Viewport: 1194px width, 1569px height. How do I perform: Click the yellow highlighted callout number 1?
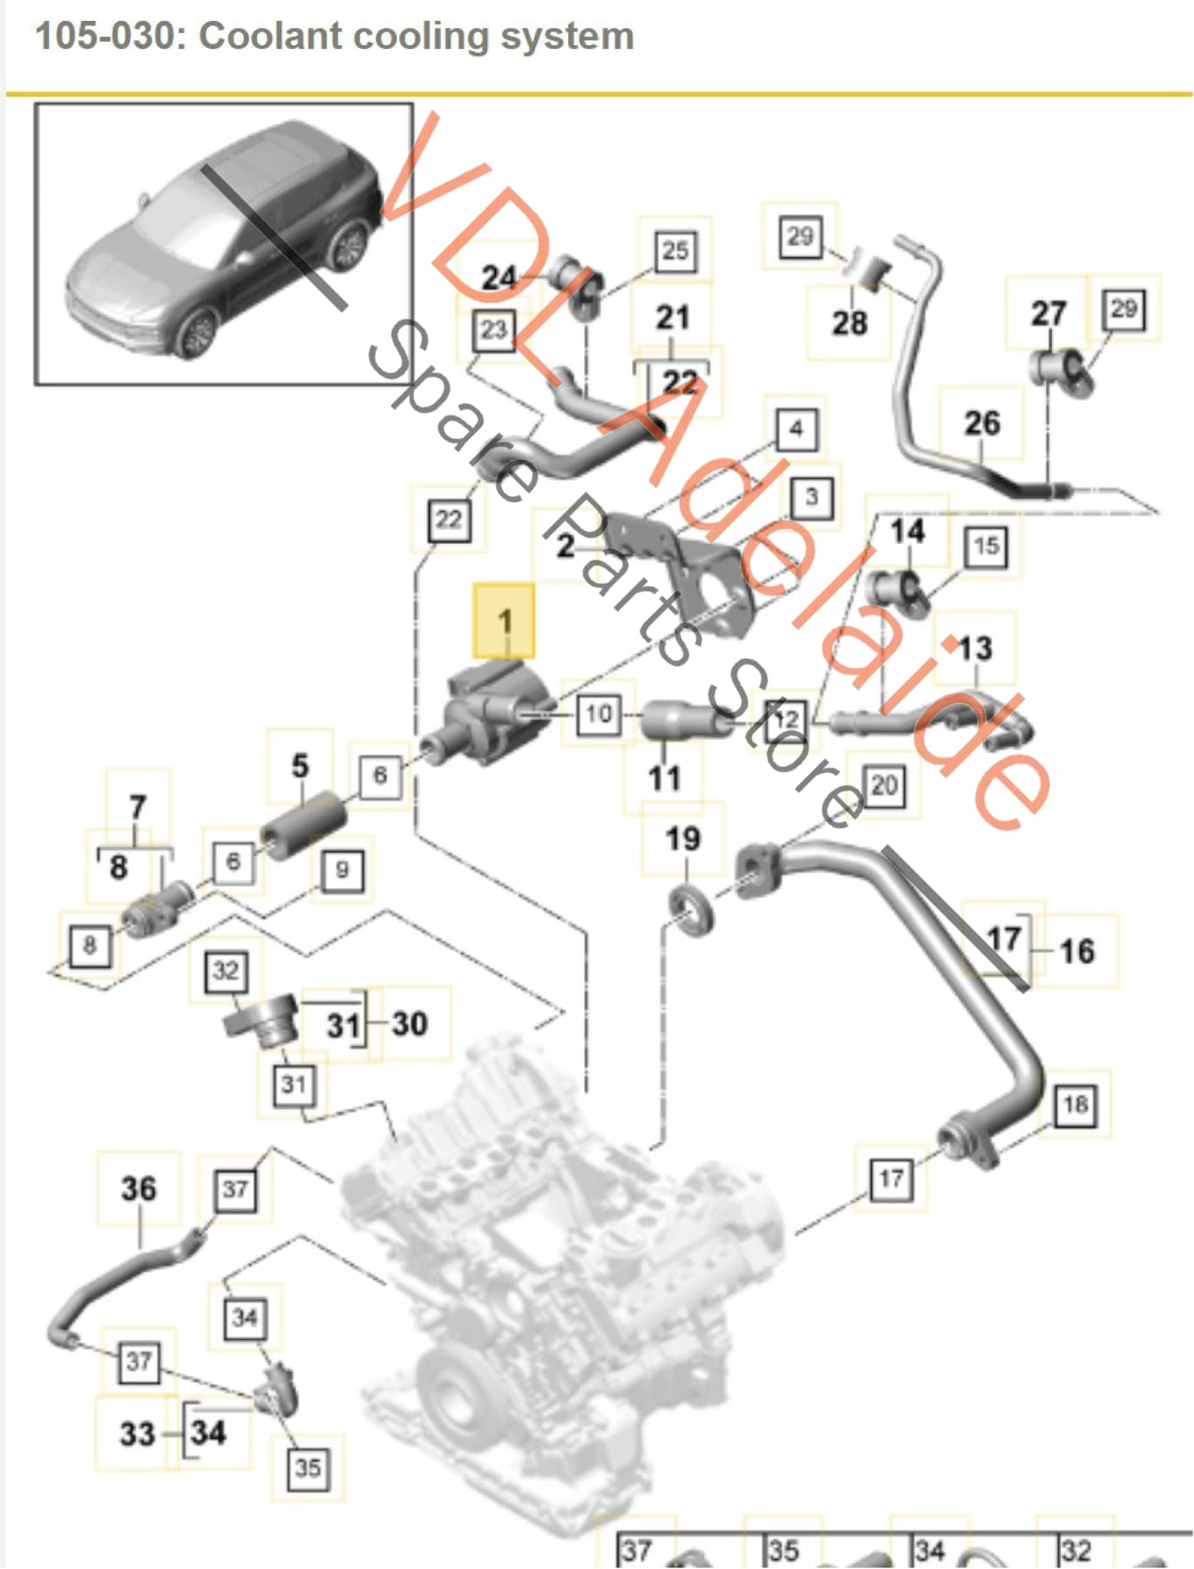(x=504, y=621)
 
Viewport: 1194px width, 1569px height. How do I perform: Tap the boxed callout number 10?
(x=598, y=714)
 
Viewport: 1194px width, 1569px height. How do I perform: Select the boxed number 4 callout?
(x=796, y=429)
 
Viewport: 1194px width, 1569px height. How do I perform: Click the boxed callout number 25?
(x=675, y=251)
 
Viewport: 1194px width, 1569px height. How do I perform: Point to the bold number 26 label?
(x=981, y=423)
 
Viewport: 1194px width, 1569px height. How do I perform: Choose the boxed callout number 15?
(x=986, y=547)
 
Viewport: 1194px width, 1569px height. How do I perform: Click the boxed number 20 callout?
(x=884, y=785)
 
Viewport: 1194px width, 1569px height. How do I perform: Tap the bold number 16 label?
(x=1077, y=950)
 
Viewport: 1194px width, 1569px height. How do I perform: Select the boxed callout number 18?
(x=1075, y=1105)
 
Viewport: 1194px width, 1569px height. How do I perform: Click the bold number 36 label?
(x=139, y=1188)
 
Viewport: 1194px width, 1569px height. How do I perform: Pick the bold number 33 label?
(x=137, y=1433)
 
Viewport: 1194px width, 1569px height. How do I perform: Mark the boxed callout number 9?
(x=342, y=869)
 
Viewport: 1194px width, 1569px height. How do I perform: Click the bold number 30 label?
(x=410, y=1022)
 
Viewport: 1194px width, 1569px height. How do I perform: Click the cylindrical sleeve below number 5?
(x=303, y=825)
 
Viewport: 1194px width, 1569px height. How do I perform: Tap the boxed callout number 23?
(x=493, y=330)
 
